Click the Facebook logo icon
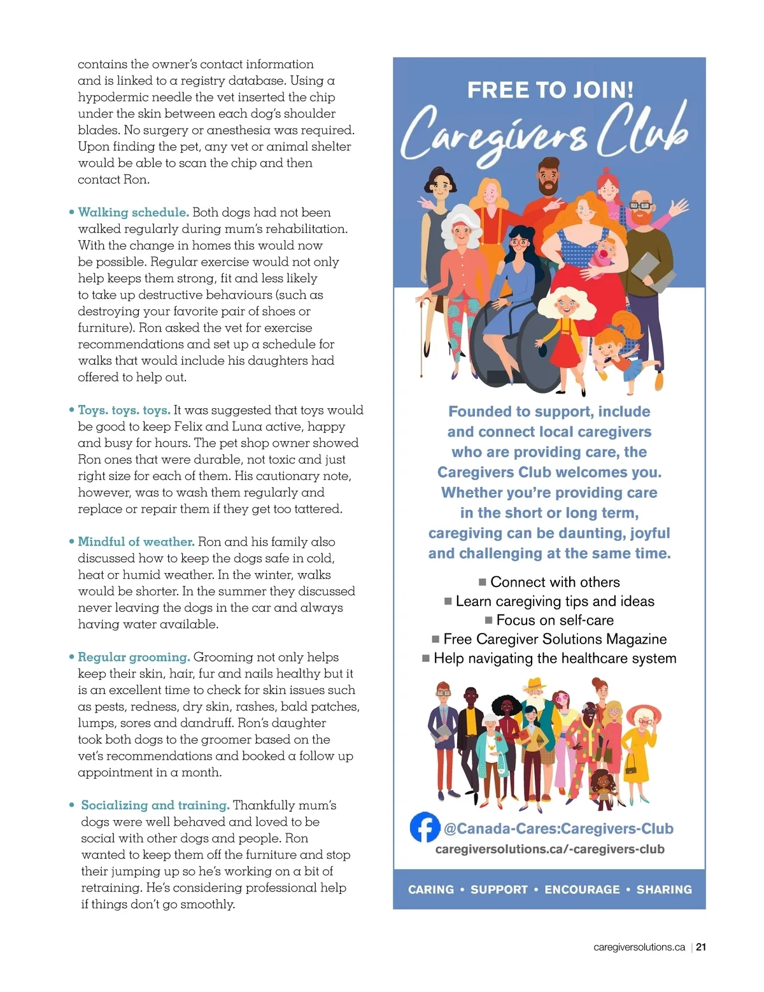[x=425, y=828]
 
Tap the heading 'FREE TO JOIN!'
[x=550, y=90]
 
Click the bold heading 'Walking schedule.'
[x=133, y=212]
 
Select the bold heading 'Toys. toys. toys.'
[x=124, y=410]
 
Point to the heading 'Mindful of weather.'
[x=136, y=542]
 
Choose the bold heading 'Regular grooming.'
[x=134, y=657]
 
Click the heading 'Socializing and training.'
[x=155, y=805]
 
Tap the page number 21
[x=701, y=947]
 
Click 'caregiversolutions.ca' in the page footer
[x=639, y=947]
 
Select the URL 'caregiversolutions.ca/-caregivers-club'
[x=549, y=849]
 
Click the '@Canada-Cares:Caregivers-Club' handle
[x=558, y=828]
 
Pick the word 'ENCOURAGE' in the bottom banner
[x=582, y=889]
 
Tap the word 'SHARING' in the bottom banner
[x=664, y=889]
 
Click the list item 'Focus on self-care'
[x=555, y=620]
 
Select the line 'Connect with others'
[x=555, y=582]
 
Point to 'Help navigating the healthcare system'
[x=555, y=658]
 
